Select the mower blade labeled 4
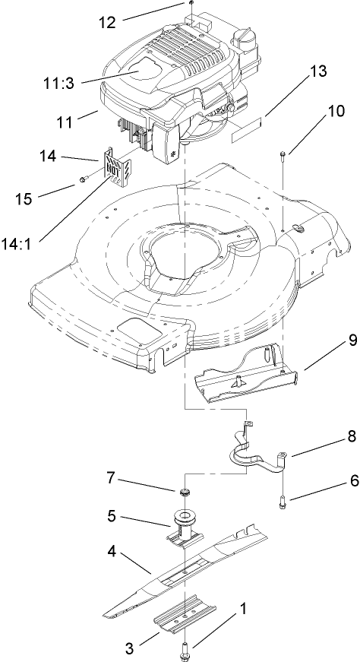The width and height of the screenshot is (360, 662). pos(182,569)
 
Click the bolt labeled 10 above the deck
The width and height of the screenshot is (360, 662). pos(283,157)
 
